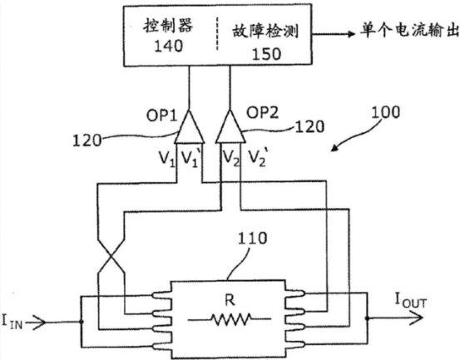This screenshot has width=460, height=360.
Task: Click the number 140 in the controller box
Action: [168, 46]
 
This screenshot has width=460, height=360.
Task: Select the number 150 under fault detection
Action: [266, 54]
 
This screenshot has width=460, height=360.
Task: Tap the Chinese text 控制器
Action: [168, 25]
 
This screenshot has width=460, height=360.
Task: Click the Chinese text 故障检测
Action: [266, 32]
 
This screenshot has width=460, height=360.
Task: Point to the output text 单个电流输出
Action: [410, 30]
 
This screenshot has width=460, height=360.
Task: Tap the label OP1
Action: [162, 116]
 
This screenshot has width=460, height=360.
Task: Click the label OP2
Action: [262, 113]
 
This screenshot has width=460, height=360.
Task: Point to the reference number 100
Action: [385, 112]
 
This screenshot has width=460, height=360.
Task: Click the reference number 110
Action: [252, 239]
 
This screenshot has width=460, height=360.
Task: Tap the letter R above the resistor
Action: [230, 300]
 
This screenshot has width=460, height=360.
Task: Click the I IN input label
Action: [12, 321]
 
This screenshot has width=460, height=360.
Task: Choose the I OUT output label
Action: [411, 301]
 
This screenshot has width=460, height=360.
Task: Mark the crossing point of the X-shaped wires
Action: [111, 256]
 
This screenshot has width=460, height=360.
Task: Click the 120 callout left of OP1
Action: [87, 141]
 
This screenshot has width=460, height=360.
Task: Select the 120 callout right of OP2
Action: [309, 127]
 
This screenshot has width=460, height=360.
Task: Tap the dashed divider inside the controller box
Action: [217, 34]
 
